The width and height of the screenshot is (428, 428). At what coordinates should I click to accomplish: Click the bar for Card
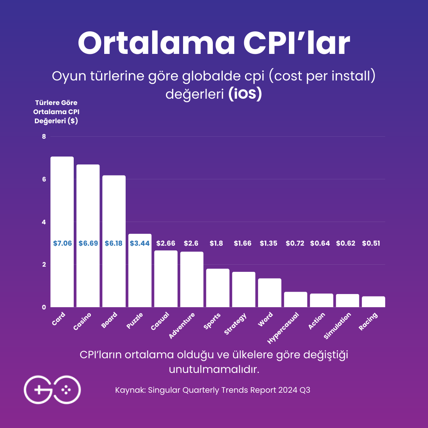62,232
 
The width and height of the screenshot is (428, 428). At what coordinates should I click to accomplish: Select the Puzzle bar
140,270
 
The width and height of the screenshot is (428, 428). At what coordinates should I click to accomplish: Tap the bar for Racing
373,302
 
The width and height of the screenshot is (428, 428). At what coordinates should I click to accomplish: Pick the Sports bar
218,288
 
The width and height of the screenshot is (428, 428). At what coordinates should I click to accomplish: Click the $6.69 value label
88,243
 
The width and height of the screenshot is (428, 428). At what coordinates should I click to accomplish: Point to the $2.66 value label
166,243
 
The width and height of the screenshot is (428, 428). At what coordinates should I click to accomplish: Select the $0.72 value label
295,243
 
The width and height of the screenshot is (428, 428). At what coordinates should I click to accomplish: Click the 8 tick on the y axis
44,137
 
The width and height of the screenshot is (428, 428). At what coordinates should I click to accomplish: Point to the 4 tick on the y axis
44,222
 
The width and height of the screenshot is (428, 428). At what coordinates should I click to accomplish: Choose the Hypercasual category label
283,328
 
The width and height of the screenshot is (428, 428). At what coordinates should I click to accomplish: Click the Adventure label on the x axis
182,326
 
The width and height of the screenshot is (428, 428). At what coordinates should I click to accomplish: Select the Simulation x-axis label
337,326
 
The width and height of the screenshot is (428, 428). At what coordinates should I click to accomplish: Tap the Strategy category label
235,324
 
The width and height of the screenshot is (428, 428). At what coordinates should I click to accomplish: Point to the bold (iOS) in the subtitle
245,95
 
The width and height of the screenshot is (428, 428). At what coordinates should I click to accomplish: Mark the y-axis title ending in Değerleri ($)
55,112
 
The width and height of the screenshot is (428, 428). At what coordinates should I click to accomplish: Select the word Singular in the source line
164,390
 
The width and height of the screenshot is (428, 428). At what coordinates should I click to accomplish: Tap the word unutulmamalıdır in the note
214,369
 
